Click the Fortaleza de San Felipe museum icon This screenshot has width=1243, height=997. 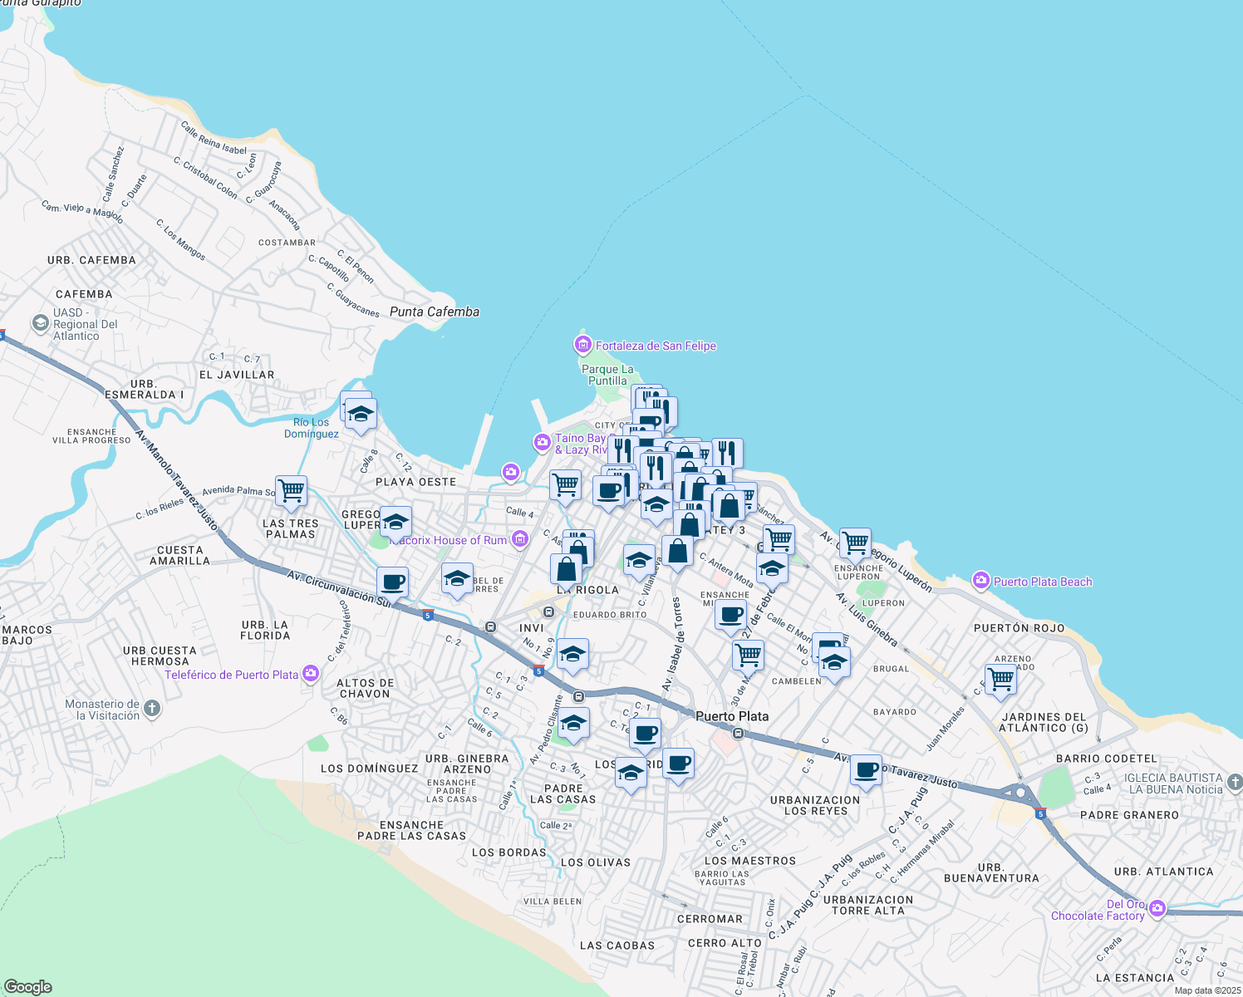point(583,345)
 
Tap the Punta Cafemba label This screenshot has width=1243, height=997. point(434,312)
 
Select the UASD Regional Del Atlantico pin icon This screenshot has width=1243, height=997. point(40,323)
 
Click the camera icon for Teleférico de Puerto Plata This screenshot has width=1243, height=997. point(310,674)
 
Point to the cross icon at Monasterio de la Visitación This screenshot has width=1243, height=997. point(151,709)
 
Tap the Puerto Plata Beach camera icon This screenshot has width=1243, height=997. point(981,580)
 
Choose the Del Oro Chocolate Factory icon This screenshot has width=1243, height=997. point(1157,909)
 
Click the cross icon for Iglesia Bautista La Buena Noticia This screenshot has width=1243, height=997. point(1234,783)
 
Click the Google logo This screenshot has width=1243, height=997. point(28,986)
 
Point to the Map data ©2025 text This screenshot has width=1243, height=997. point(1206,990)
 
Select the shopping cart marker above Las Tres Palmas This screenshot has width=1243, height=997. point(291,491)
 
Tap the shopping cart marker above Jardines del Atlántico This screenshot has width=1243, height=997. point(1001,679)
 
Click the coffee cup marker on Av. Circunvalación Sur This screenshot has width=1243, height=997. point(392,582)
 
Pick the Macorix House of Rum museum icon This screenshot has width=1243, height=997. point(520,539)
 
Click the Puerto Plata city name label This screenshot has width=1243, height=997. point(731,716)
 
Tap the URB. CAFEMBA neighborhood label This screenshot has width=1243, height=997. point(91,260)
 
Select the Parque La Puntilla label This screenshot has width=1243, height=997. point(607,375)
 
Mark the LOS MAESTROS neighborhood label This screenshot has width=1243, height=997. point(749,861)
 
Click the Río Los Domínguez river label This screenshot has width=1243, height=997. point(312,428)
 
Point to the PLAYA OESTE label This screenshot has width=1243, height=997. point(415,482)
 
